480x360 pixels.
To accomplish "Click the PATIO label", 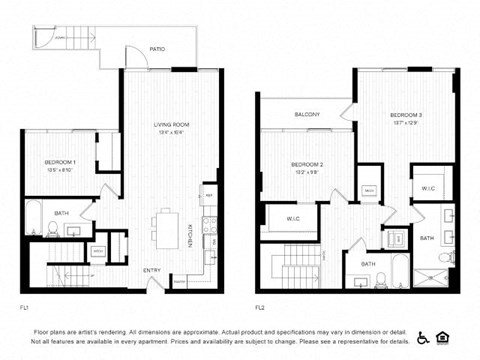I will [157, 47].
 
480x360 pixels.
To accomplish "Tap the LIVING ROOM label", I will [171, 124].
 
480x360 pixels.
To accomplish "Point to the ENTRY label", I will [152, 270].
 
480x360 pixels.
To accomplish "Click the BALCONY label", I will [307, 115].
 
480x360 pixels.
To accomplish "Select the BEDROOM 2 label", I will [306, 164].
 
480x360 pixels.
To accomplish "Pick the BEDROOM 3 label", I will [406, 116].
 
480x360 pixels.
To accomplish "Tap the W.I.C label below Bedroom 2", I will [293, 218].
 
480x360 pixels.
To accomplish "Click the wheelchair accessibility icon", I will [423, 337].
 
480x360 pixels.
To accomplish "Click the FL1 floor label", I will [24, 306].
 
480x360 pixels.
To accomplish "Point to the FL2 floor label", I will [260, 306].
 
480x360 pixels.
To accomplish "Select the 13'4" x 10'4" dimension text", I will [171, 133].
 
